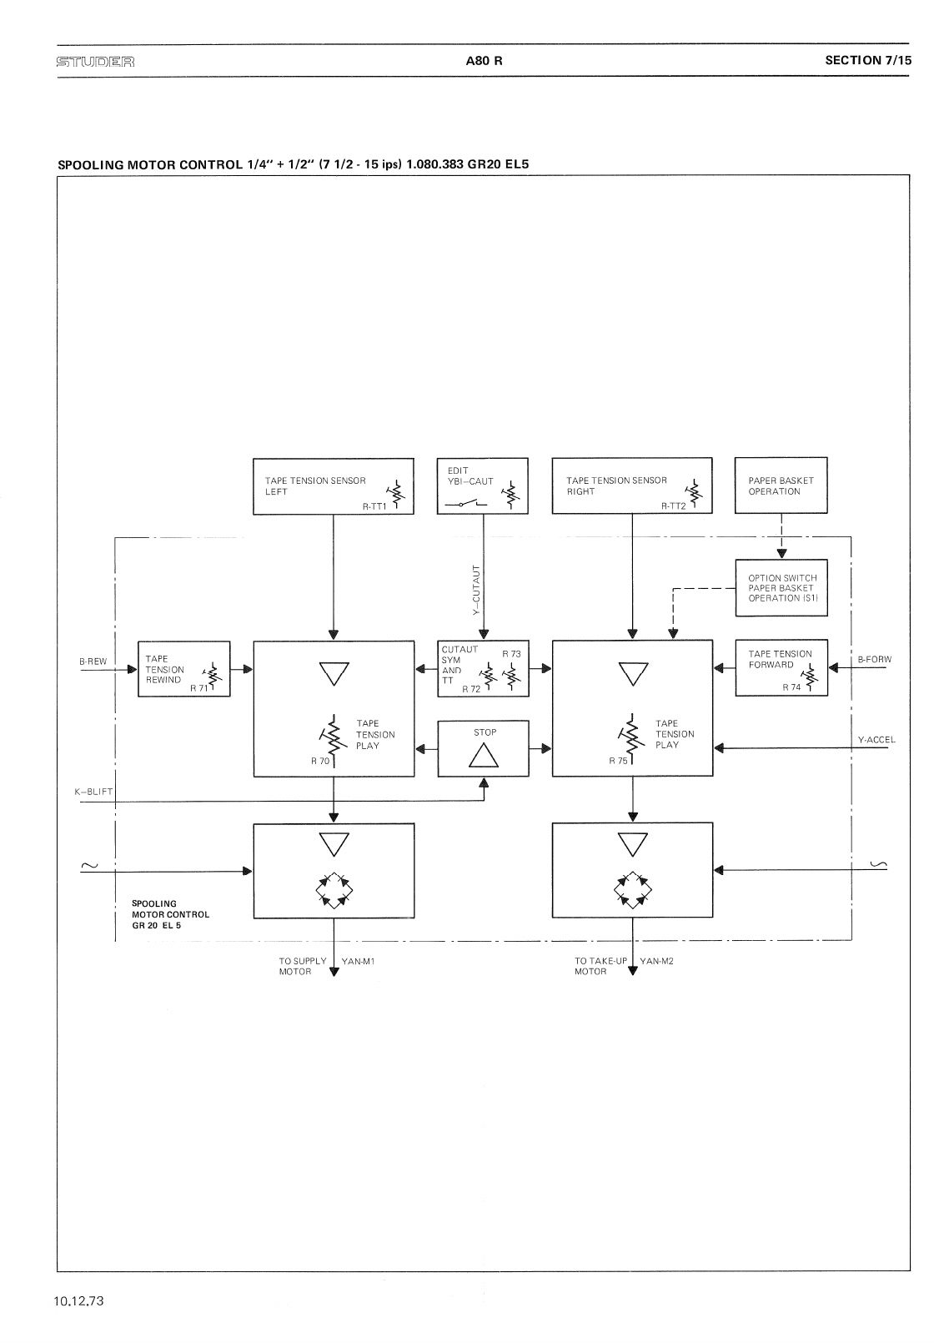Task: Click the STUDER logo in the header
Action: pos(95,61)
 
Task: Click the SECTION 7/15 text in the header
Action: pos(868,60)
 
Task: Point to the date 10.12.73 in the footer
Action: pos(79,1301)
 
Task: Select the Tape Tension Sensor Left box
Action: pos(333,485)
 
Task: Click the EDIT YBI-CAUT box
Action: pos(483,485)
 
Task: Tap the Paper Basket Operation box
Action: pos(781,485)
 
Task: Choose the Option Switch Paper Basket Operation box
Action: pos(781,588)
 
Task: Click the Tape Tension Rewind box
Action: pos(183,669)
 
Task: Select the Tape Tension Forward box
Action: pos(781,668)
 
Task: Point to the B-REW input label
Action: pos(93,661)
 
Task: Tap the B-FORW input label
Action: pos(875,660)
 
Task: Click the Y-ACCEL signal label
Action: pos(876,740)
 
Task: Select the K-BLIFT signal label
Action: pos(94,792)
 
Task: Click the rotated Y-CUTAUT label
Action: pos(477,590)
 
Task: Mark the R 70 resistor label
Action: pos(320,761)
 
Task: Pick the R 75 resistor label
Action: pos(618,761)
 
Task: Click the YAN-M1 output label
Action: pos(359,961)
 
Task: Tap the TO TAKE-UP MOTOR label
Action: pos(600,966)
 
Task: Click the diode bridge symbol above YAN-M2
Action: pos(632,889)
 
